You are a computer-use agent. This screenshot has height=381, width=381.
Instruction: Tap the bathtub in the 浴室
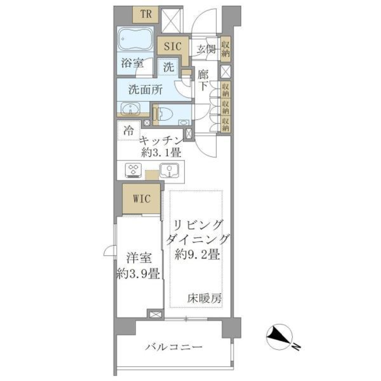point(135,40)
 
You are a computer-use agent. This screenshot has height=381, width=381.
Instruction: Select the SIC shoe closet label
point(173,46)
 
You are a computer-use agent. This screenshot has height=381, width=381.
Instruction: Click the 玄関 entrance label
point(206,50)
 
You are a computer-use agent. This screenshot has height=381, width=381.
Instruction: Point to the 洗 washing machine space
point(169,67)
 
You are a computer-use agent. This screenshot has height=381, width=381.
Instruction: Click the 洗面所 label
point(145,90)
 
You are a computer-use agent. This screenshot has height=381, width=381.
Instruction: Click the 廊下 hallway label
point(203,79)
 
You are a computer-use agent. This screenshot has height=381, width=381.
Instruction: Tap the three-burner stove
point(133,170)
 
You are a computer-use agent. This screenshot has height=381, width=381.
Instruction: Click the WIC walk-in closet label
point(142,198)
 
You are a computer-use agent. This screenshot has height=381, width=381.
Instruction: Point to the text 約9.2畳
point(197,254)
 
